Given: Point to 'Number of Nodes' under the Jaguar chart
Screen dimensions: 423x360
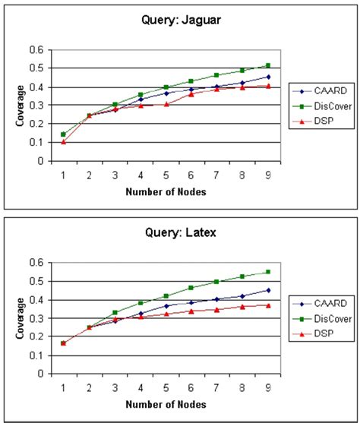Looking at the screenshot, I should [x=166, y=192].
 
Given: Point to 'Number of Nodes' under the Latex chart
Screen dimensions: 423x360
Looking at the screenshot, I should [x=166, y=404].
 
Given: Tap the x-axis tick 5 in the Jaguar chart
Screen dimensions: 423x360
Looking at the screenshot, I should [x=166, y=175].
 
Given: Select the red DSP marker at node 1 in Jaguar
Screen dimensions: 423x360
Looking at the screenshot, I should [x=63, y=142].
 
